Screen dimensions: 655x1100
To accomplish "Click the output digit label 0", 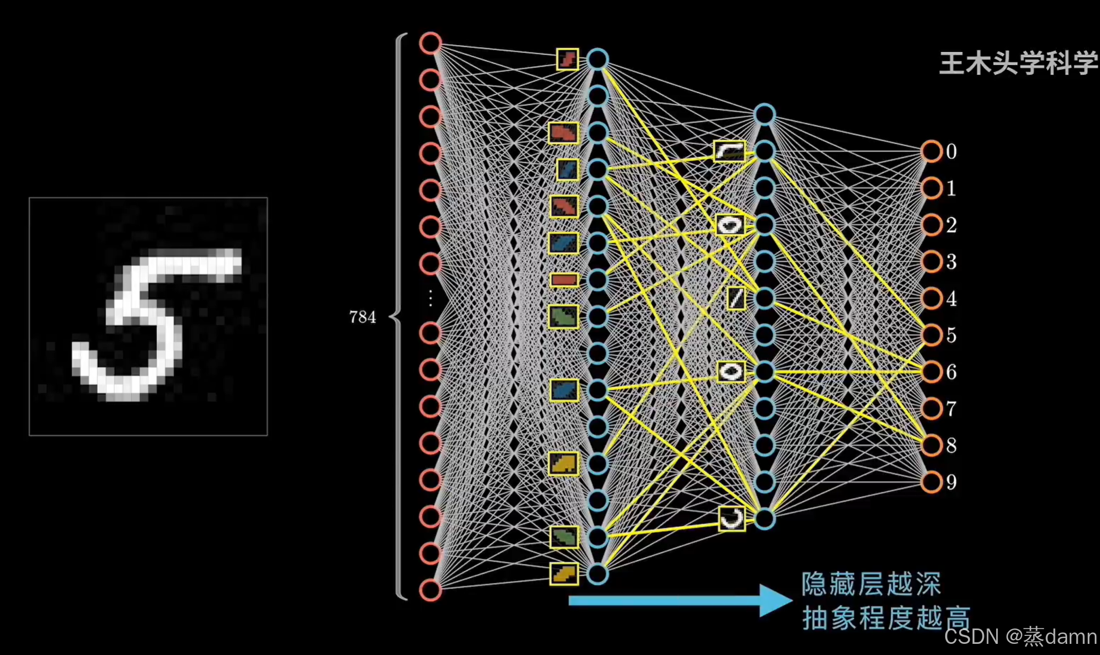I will [x=952, y=152].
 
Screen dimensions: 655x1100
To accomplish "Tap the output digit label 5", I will [x=952, y=335].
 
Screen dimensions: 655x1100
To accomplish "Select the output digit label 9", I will [x=952, y=482].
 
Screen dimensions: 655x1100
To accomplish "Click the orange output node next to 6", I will [x=932, y=372].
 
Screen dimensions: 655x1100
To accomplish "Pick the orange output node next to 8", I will [x=932, y=445].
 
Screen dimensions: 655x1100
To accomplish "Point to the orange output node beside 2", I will [x=932, y=225].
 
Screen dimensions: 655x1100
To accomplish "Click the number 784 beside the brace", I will [x=362, y=317].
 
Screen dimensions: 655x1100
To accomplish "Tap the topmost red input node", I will [x=430, y=43].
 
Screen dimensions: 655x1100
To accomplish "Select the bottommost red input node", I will [x=430, y=590].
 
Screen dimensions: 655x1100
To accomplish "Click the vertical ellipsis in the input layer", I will [x=430, y=298].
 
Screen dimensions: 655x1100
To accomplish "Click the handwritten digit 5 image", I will [x=148, y=317].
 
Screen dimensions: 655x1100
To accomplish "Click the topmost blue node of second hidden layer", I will [x=765, y=115].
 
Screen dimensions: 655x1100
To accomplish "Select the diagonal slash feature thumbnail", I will [x=736, y=298].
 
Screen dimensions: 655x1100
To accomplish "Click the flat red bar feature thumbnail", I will [x=564, y=280].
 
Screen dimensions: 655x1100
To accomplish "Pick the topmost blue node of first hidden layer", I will [x=597, y=59].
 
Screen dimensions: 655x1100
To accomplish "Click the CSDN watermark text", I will [x=1020, y=636].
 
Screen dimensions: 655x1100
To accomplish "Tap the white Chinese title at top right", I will [x=1018, y=64].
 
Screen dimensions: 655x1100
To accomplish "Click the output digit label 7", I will [x=952, y=409].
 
